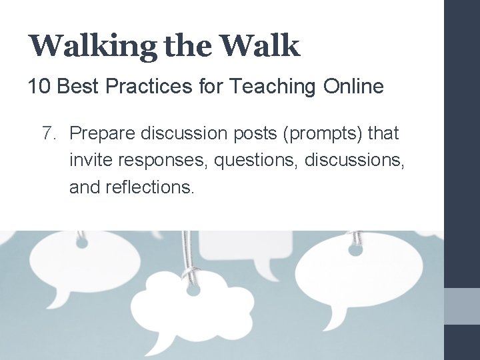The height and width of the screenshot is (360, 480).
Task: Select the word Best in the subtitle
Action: point(77,87)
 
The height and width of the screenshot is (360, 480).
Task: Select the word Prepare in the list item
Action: point(101,134)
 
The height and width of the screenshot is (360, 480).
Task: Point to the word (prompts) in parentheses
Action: point(323,134)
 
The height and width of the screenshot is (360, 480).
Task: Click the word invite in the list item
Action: point(89,161)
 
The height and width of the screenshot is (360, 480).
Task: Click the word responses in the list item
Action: point(160,161)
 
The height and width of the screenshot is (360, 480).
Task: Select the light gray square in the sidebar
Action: point(462,306)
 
